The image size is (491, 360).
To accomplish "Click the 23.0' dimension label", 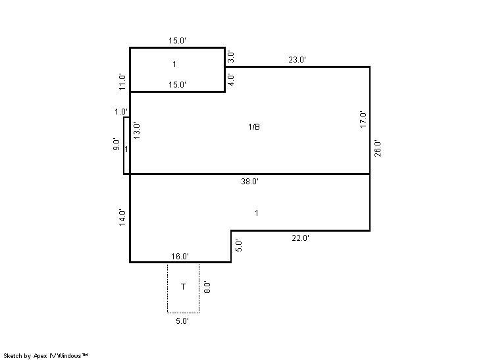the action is point(297,59).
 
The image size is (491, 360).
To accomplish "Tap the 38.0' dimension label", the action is point(249,181).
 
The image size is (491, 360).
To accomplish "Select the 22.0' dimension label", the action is point(300,238).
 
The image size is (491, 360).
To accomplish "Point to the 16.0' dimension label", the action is point(180,257).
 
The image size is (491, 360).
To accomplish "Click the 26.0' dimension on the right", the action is point(378,149).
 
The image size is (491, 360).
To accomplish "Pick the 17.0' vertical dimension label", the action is point(363,119).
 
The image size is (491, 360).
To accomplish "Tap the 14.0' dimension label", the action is point(122,217).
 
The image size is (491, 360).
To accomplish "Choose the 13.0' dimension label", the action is point(136,130).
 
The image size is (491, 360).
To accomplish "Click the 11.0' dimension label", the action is point(122,82).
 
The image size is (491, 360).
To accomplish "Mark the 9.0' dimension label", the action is point(116,144).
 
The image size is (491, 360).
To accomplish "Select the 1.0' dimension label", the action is point(121,112).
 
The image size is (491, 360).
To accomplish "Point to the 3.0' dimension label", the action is point(230,57).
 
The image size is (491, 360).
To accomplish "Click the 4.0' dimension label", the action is point(230,80).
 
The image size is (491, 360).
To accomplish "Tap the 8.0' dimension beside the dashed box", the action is point(207,287).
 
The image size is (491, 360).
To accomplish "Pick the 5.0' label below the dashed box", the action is point(182,321).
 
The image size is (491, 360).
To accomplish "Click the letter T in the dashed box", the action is point(183,286).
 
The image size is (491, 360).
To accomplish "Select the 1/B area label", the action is point(253,127).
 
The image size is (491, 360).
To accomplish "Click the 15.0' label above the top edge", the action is point(177,41).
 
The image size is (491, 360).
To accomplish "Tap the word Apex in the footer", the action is point(39,356).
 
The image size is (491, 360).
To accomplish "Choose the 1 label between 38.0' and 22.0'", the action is point(257,213).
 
